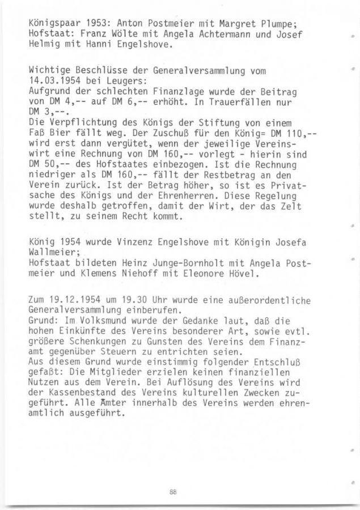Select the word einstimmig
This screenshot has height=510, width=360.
(x=167, y=362)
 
